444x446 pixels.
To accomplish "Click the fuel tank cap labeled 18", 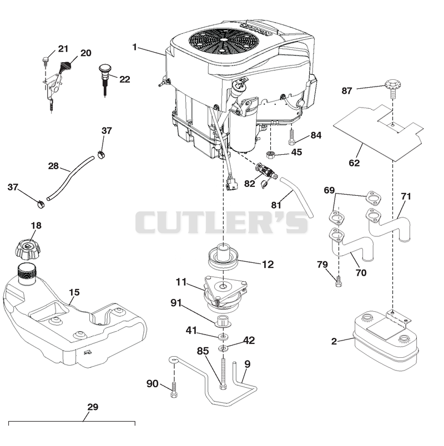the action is pos(28,250).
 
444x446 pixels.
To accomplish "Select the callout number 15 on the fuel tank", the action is pos(74,292).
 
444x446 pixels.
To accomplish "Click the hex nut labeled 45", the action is pos(270,155).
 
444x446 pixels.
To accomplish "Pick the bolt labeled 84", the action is pos(291,137).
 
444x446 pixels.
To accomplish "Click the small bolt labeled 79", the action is pos(339,281).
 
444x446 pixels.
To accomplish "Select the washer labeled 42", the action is pos(223,348).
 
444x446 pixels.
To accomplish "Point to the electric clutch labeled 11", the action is pos(224,293).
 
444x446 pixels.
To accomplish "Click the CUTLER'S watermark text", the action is pos(221,222).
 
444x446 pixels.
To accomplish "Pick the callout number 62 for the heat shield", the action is pos(354,163).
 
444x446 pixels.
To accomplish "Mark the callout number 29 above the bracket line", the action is pos(93,407).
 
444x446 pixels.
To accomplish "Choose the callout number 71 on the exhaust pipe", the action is pos(406,196).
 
